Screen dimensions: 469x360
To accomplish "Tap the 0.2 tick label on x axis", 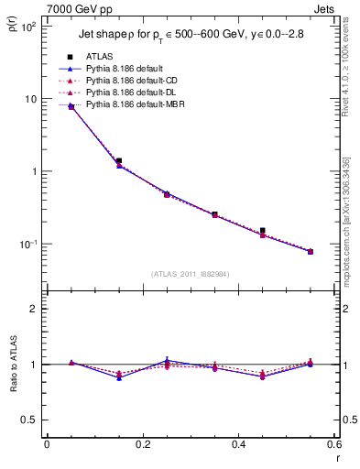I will (x=142, y=445).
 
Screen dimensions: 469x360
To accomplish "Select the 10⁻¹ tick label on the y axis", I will (x=27, y=245).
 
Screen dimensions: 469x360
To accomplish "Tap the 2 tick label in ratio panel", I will (x=32, y=309).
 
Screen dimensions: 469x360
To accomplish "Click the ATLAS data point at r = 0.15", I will (x=119, y=160).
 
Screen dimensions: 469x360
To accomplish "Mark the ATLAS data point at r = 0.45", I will (x=262, y=231).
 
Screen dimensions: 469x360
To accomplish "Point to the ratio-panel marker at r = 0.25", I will (x=167, y=362).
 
